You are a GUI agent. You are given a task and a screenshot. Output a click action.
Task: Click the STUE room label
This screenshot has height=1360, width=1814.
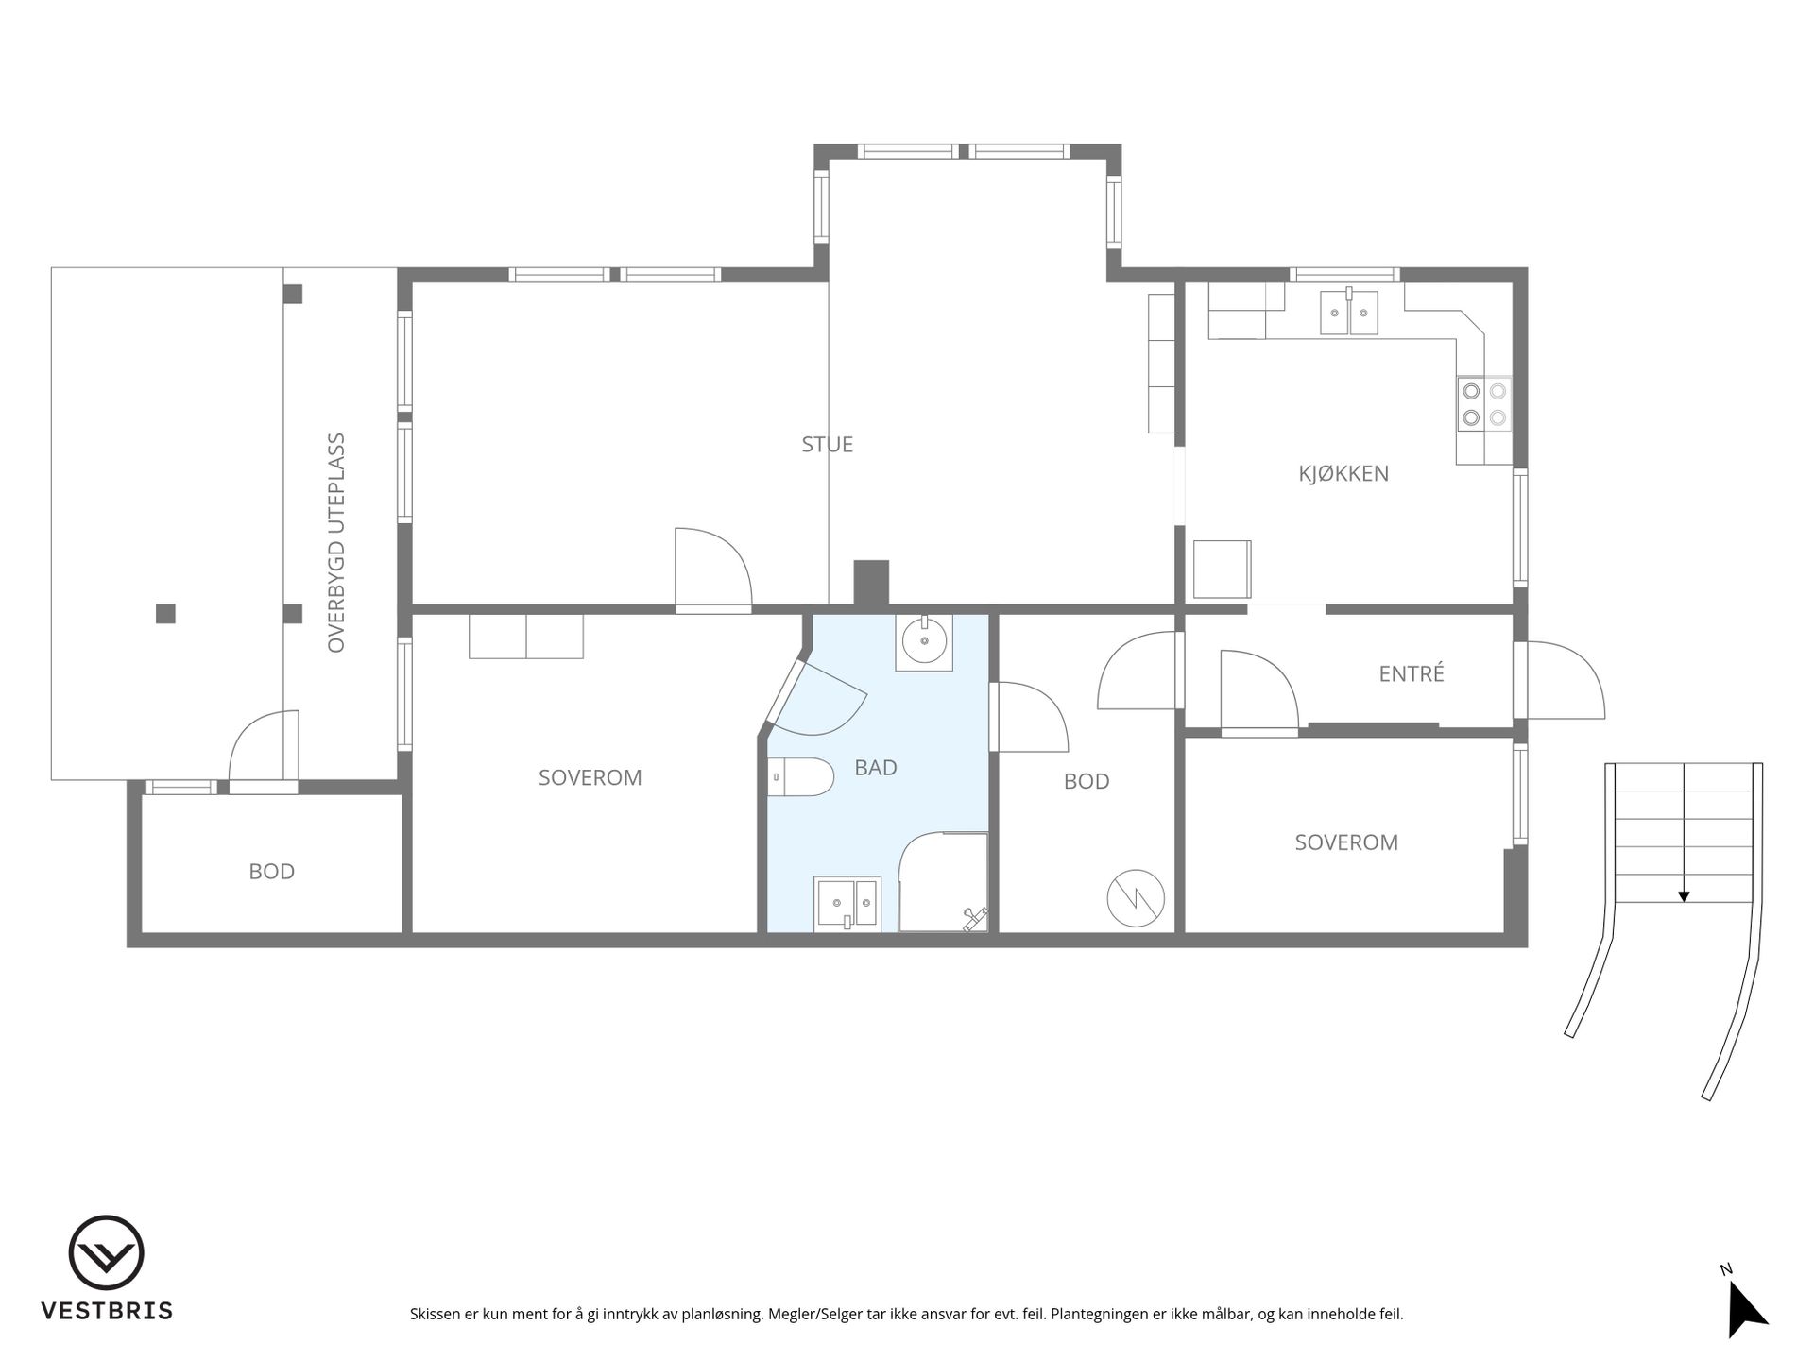827,445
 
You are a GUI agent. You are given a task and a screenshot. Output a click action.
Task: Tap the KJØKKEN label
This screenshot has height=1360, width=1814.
1343,474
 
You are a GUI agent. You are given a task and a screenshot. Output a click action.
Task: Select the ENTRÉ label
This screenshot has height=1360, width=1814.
1412,673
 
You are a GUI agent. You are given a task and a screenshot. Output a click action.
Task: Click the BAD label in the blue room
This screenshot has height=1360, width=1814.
876,768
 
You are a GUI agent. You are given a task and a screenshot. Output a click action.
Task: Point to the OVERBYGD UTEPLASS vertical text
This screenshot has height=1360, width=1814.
336,543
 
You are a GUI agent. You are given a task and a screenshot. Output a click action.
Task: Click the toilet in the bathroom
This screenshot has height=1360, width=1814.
800,777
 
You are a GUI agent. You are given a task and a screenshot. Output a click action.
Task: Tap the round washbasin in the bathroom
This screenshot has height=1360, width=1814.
924,642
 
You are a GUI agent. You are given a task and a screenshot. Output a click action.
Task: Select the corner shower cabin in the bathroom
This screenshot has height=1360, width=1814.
943,882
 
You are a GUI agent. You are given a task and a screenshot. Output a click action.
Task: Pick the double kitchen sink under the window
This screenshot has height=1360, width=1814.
1349,312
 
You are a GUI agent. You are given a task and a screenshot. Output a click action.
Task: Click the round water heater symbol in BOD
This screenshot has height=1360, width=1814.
1136,897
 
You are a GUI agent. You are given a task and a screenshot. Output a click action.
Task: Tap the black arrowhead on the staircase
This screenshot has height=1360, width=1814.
1684,896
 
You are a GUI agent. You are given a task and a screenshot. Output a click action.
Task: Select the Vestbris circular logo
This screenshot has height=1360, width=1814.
107,1253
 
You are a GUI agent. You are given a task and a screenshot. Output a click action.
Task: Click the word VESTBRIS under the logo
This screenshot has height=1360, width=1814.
107,1311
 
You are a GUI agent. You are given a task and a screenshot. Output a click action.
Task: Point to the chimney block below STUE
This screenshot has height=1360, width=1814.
871,583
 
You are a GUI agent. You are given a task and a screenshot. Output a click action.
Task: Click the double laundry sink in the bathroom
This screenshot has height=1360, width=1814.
847,903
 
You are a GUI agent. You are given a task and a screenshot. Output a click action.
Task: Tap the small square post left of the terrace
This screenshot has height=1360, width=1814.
165,614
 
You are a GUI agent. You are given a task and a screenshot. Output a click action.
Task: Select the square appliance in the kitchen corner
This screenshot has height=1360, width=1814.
1223,569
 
